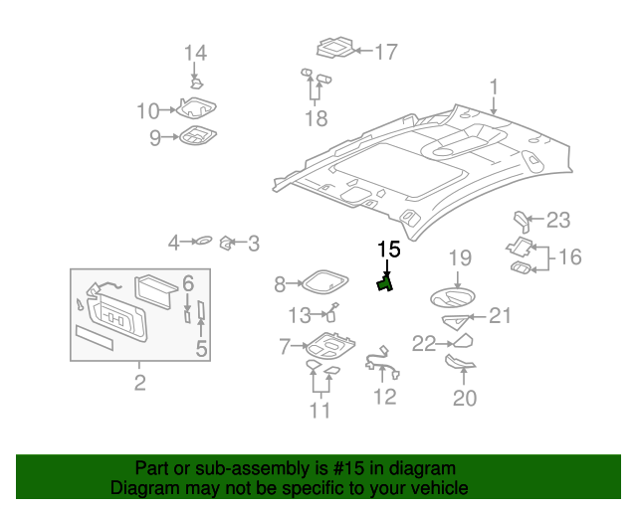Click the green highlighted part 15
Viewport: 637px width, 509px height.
coord(384,284)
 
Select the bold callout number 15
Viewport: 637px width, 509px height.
coord(387,249)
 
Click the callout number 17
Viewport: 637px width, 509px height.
coord(384,52)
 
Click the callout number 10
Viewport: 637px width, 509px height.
coord(147,110)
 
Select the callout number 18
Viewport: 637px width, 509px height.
coord(316,119)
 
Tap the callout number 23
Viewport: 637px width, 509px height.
coord(558,220)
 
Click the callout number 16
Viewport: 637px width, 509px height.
coord(568,257)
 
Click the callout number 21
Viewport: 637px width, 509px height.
coord(499,316)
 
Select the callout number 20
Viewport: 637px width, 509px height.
coord(464,399)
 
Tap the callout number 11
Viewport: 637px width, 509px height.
coord(319,410)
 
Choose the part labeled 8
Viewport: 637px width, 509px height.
coord(322,283)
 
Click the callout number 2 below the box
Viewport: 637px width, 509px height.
coord(139,383)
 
